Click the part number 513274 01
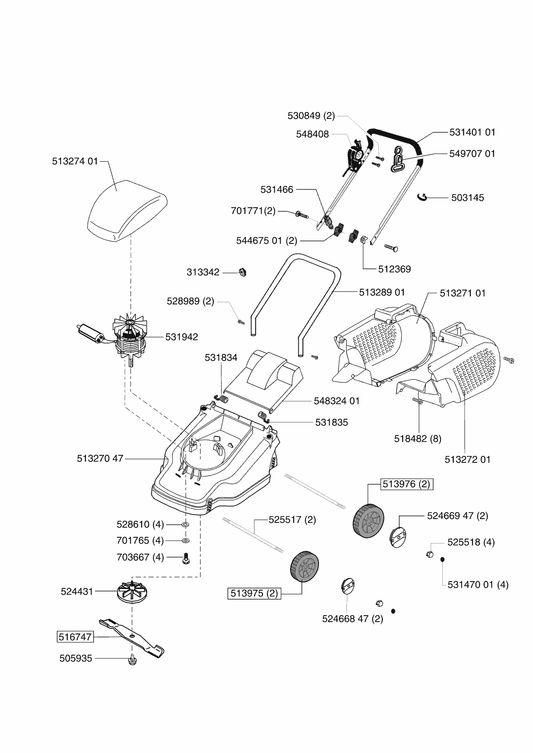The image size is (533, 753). click(75, 161)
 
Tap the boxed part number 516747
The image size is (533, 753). click(75, 637)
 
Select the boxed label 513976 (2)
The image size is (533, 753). click(406, 484)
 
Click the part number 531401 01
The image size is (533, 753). click(472, 132)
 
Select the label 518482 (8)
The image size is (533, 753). click(417, 439)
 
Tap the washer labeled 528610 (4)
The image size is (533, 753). click(185, 525)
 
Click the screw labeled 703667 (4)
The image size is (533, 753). click(186, 559)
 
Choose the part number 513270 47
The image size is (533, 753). click(100, 458)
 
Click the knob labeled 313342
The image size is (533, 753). click(243, 272)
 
